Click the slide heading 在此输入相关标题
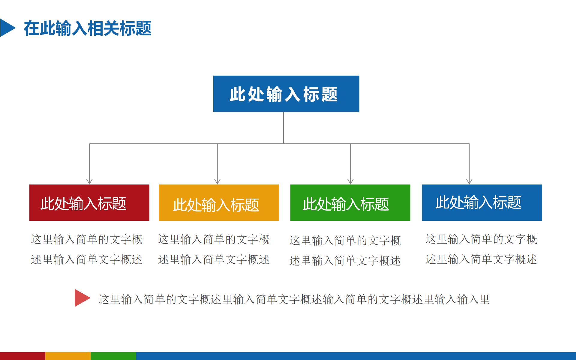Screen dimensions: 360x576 [x=88, y=28]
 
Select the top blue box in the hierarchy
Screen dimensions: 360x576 [x=286, y=94]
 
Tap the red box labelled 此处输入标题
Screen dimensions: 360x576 [x=89, y=203]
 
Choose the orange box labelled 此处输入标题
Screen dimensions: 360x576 [x=219, y=203]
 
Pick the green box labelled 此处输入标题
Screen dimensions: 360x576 [x=350, y=203]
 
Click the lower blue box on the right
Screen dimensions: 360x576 [x=482, y=203]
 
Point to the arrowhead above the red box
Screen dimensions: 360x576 [x=89, y=181]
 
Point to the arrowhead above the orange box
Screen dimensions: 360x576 [x=217, y=181]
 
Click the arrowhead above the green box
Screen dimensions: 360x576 [x=350, y=181]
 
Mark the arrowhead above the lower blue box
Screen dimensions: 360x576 [x=469, y=181]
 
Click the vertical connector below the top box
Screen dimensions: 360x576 [x=283, y=127]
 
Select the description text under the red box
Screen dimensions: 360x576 [x=87, y=249]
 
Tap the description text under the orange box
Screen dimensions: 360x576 [x=214, y=249]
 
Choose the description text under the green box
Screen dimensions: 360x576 [x=345, y=250]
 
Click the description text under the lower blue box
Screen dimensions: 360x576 [x=481, y=249]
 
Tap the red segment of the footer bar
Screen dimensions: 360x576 [x=22, y=356]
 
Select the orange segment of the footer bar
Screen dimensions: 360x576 [x=68, y=356]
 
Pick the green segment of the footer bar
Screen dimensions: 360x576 [x=113, y=356]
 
